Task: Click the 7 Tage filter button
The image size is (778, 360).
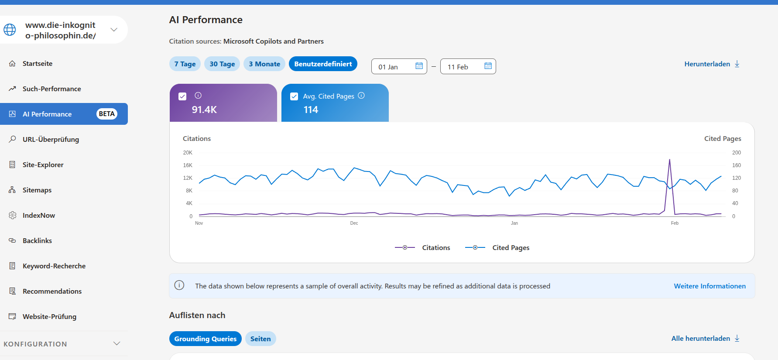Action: click(x=185, y=64)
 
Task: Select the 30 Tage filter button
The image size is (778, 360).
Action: click(x=222, y=64)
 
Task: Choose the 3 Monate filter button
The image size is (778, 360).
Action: click(x=264, y=64)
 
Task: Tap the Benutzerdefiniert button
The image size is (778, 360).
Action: click(x=323, y=64)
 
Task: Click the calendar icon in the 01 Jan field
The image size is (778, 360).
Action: click(x=419, y=66)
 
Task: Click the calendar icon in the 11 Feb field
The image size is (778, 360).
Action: click(x=488, y=66)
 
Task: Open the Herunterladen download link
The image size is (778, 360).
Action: click(x=712, y=64)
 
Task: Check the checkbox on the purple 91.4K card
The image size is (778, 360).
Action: click(x=182, y=96)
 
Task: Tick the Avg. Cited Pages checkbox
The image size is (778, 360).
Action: click(x=294, y=96)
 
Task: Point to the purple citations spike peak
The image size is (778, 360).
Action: click(x=669, y=160)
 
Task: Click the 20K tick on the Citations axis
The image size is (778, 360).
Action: click(x=188, y=153)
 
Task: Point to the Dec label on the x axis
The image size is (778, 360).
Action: click(x=354, y=223)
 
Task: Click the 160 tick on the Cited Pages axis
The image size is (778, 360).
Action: click(x=737, y=165)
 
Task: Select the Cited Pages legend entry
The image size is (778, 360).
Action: click(x=497, y=247)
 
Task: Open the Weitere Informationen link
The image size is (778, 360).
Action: click(x=709, y=286)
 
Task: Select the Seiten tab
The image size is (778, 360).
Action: click(x=260, y=339)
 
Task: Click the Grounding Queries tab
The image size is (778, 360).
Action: click(x=205, y=339)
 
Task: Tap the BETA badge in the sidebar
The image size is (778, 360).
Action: click(x=106, y=114)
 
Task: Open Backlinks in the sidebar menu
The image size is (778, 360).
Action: click(x=37, y=240)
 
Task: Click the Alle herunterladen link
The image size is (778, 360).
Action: click(x=705, y=338)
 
